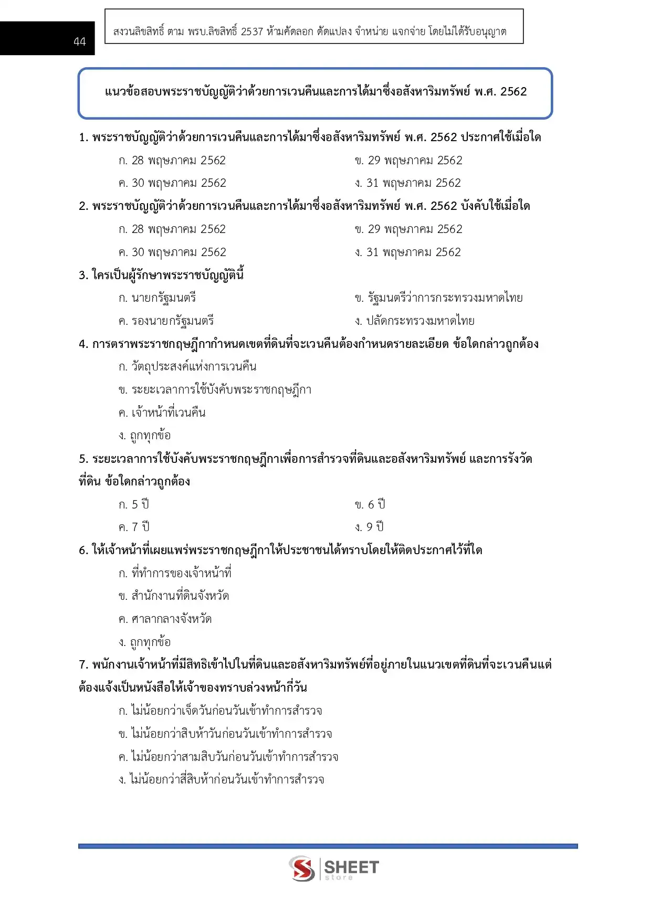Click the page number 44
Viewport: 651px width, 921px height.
coord(79,41)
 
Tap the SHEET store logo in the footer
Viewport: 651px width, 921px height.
coord(334,869)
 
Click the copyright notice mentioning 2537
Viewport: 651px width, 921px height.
coord(310,31)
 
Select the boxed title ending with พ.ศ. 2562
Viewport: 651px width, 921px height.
coord(315,92)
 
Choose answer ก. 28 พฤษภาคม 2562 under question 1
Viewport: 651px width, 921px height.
coord(172,161)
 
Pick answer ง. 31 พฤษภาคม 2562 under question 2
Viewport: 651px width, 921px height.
coord(408,252)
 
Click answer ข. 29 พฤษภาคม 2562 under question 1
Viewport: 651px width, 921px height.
coord(408,161)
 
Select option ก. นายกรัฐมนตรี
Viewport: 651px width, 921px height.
coord(157,298)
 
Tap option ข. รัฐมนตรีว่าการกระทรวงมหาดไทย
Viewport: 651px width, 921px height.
coord(438,298)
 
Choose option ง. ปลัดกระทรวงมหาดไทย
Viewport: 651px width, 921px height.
coord(414,321)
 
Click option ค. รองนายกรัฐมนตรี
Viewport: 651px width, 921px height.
coord(166,321)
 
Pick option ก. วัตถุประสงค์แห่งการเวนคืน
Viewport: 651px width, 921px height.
coord(187,367)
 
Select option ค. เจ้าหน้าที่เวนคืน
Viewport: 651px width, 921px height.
coord(162,413)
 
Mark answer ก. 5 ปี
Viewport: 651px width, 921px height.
coord(134,505)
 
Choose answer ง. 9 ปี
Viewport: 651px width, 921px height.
coord(369,527)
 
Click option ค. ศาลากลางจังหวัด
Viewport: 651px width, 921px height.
coord(165,619)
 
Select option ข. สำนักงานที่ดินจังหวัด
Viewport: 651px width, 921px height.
coord(174,596)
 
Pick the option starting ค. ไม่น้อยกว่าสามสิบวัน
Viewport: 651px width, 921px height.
coord(228,757)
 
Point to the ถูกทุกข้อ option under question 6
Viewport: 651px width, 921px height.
coord(144,642)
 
